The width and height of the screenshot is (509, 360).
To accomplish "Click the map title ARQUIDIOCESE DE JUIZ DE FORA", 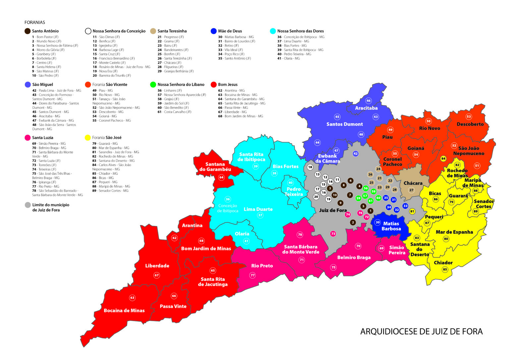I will pyautogui.click(x=421, y=331).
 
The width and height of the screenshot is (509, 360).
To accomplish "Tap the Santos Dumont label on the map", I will pyautogui.click(x=344, y=124).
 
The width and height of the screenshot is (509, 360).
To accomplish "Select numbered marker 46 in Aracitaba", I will pyautogui.click(x=368, y=101).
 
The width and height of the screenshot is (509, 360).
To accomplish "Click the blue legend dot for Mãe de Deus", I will pyautogui.click(x=214, y=31).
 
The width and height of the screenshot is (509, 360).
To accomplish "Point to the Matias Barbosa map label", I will pyautogui.click(x=391, y=226).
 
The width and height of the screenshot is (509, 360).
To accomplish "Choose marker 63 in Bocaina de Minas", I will pyautogui.click(x=132, y=298).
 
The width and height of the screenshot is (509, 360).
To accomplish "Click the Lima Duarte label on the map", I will pyautogui.click(x=258, y=209).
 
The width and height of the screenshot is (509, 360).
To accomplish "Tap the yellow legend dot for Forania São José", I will pyautogui.click(x=88, y=138).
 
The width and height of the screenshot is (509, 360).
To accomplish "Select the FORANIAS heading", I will pyautogui.click(x=34, y=23).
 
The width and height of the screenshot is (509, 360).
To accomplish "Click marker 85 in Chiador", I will pyautogui.click(x=445, y=270).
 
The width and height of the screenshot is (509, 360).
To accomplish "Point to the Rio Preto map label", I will pyautogui.click(x=262, y=266).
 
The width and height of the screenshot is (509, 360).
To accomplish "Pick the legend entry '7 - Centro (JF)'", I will pyautogui.click(x=42, y=63).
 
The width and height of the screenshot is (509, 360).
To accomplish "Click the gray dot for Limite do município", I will pyautogui.click(x=28, y=205).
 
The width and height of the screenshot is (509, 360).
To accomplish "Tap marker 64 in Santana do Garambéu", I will pyautogui.click(x=221, y=177).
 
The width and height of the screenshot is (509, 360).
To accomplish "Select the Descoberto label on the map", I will pyautogui.click(x=470, y=124).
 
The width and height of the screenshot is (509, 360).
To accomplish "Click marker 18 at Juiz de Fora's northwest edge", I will pyautogui.click(x=310, y=167).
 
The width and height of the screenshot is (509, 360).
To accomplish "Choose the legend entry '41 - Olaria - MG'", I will pyautogui.click(x=288, y=58).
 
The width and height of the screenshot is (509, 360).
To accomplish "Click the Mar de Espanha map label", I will pyautogui.click(x=454, y=232).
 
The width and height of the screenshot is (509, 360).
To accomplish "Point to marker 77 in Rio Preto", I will pyautogui.click(x=253, y=275).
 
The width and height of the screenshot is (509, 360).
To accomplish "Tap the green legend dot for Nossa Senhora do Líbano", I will pyautogui.click(x=153, y=85).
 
